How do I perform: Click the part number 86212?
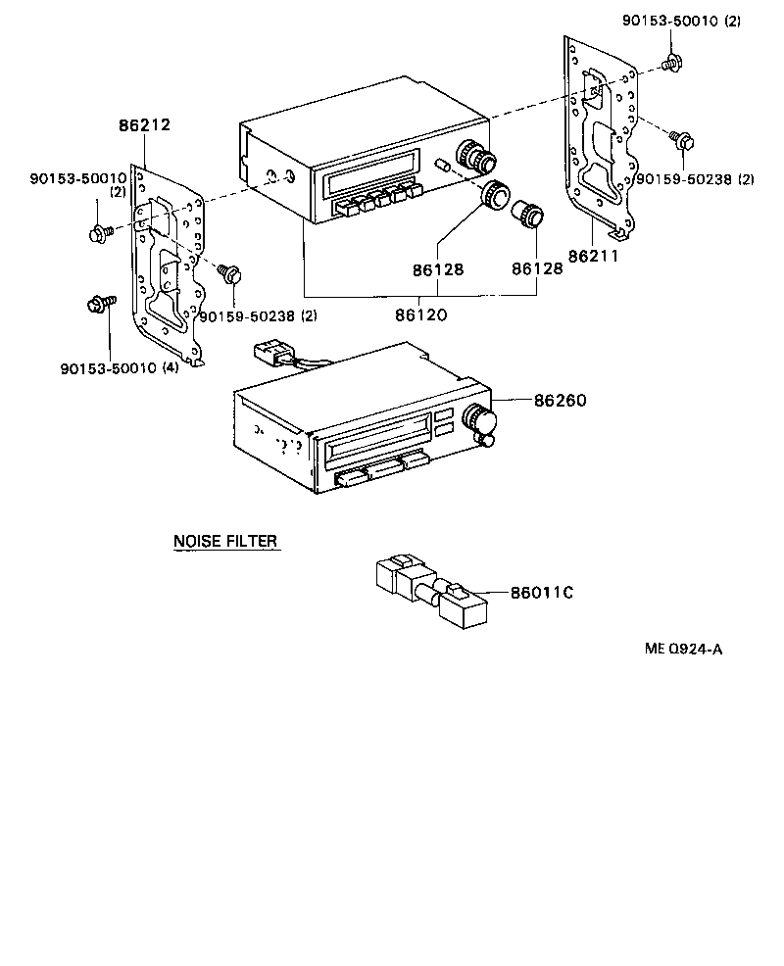point(144,125)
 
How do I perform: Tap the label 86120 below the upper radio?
point(421,315)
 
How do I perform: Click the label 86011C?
point(541,593)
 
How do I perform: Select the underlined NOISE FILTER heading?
point(225,541)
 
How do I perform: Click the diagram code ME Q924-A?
point(683,648)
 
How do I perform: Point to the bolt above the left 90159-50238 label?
point(230,273)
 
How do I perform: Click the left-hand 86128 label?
point(437,268)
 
